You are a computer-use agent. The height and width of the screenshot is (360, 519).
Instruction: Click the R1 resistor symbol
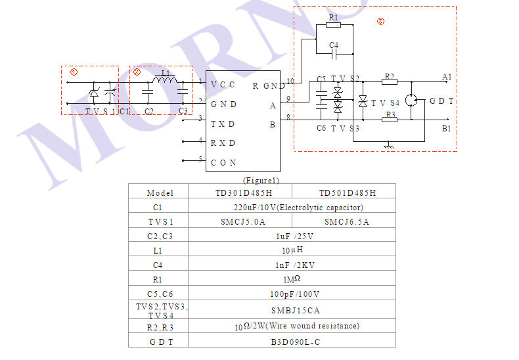(333, 26)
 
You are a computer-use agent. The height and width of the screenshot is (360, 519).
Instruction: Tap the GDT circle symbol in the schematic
(412, 101)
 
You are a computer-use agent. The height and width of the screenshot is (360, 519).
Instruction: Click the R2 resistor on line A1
(390, 83)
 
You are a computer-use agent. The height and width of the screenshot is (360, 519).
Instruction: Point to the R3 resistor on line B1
(390, 120)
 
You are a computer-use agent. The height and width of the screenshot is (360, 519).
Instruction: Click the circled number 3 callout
(380, 21)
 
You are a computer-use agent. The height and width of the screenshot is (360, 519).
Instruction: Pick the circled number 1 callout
(74, 72)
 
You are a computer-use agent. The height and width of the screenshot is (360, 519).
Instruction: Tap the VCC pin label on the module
(223, 85)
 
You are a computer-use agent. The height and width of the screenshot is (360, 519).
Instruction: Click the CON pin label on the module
(223, 162)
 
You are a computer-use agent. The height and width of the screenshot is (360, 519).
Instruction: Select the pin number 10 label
(289, 81)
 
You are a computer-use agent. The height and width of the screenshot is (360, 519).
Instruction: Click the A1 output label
(447, 78)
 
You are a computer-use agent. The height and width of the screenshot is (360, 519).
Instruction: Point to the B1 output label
(446, 129)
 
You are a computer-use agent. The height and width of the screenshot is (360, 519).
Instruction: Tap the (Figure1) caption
(261, 180)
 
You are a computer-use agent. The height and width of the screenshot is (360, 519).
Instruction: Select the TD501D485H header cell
(348, 192)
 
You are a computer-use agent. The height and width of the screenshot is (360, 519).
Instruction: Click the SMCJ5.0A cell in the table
(240, 221)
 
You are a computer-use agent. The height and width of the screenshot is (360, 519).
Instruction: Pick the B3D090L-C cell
(292, 341)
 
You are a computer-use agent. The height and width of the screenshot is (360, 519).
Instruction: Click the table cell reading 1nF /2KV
(292, 265)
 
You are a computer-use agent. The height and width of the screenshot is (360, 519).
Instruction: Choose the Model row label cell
(159, 192)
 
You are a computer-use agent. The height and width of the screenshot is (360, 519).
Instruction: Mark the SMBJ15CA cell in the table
(292, 309)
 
